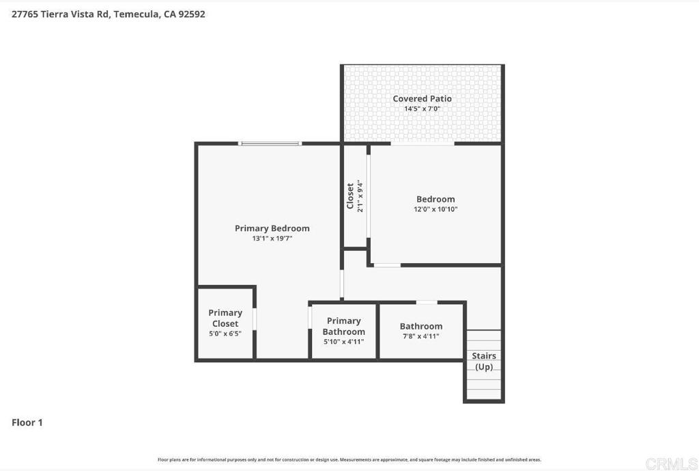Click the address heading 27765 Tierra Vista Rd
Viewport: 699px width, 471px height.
(109, 14)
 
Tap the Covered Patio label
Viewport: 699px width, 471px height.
(422, 98)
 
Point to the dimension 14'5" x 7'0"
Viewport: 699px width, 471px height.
(422, 109)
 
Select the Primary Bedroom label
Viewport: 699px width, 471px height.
(272, 228)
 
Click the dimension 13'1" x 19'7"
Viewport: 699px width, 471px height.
(272, 239)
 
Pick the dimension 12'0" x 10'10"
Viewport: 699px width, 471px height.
(436, 209)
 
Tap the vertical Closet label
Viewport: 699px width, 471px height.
(350, 196)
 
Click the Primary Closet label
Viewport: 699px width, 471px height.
(225, 318)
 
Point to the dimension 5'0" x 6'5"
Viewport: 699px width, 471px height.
(225, 334)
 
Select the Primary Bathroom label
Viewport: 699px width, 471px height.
(343, 326)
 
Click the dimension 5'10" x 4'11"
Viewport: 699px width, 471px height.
(343, 342)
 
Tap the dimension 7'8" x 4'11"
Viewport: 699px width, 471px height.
(421, 336)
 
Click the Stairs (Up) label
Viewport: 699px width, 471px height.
(484, 361)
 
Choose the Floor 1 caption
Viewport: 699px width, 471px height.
(27, 422)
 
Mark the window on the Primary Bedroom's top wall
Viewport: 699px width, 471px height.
(270, 144)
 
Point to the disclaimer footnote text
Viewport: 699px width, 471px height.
(349, 459)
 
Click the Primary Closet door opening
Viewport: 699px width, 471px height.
(255, 319)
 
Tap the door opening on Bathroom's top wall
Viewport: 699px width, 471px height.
(427, 302)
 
